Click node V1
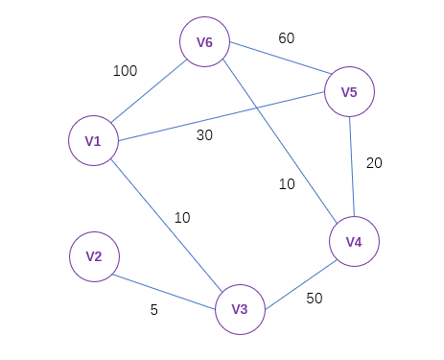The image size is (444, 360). coord(93,141)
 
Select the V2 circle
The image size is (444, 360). coord(94,256)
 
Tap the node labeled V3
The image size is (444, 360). coord(240,309)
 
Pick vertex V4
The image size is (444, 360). coord(355,242)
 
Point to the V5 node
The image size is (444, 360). coord(349,92)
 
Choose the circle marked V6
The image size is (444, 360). coord(205,43)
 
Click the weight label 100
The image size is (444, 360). coord(125,71)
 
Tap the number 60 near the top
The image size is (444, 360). coord(286,38)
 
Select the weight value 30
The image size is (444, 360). coord(204,135)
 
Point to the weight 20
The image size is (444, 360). coord(374,163)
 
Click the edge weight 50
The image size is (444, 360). coord(315,299)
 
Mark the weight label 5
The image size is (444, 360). coord(154,310)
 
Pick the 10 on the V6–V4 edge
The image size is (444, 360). coord(287,184)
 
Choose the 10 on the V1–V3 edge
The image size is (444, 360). coord(182,218)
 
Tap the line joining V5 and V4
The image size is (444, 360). coord(352,167)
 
